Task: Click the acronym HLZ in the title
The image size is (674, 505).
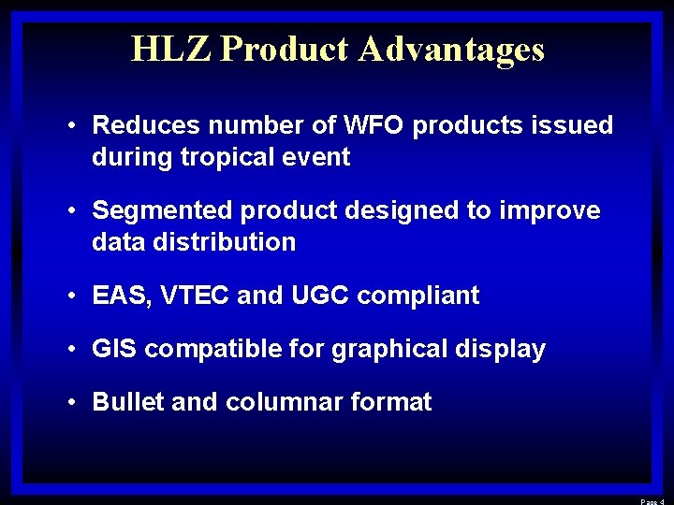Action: click(x=171, y=49)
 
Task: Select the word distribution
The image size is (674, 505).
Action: click(x=235, y=242)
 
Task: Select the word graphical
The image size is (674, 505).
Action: click(x=392, y=351)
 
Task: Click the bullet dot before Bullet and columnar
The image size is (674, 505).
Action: click(x=72, y=403)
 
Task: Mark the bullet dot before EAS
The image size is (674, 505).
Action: click(x=72, y=296)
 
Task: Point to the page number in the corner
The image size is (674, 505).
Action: click(x=652, y=500)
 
